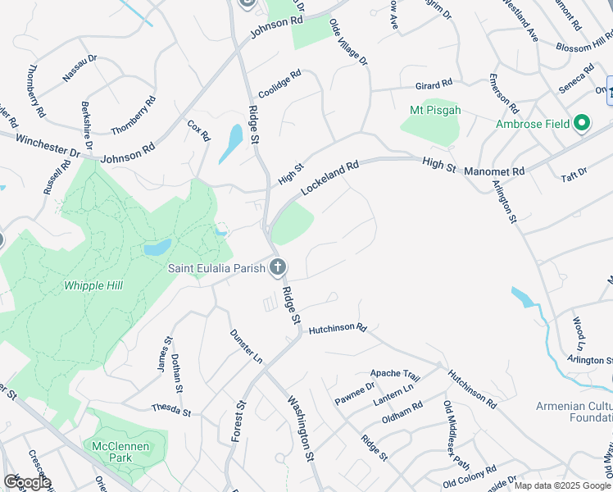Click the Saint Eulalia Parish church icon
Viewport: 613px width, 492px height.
(278, 266)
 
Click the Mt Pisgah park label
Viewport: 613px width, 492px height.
(435, 110)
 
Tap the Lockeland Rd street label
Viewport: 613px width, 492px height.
(330, 177)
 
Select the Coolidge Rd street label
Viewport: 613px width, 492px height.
(279, 84)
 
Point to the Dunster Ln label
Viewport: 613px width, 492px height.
(246, 347)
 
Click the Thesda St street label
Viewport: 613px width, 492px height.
(170, 408)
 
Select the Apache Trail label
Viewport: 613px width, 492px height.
(395, 375)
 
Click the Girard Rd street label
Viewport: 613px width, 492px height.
(434, 84)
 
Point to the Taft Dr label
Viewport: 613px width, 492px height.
(575, 172)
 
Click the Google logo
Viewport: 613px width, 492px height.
(27, 482)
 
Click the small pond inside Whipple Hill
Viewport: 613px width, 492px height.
(157, 247)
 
